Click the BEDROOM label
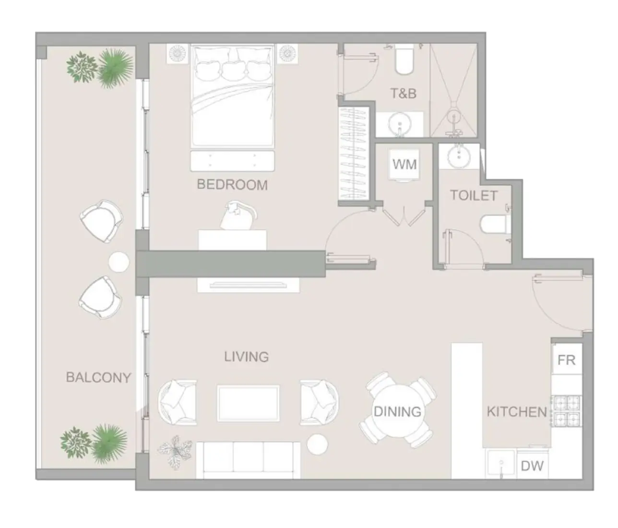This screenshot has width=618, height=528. click(x=232, y=185)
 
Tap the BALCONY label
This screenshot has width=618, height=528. click(x=98, y=378)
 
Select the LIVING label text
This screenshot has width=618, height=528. click(x=246, y=357)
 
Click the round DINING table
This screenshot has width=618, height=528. click(x=397, y=411)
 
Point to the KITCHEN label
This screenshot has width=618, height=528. click(x=516, y=412)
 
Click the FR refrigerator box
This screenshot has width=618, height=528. click(x=567, y=360)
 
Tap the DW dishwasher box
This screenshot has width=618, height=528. click(x=532, y=465)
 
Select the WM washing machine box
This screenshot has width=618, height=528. click(x=404, y=165)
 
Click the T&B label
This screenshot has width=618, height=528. click(x=403, y=93)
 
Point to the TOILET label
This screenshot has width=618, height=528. click(x=474, y=195)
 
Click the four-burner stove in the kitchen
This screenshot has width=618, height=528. click(x=567, y=411)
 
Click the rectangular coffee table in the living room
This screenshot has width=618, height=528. click(x=248, y=403)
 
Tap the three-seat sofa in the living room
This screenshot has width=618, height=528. click(x=248, y=460)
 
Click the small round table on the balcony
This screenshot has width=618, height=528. click(x=119, y=262)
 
